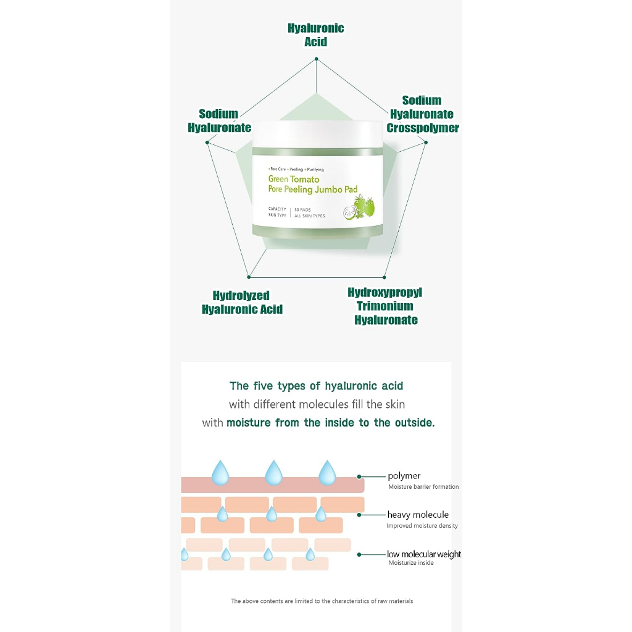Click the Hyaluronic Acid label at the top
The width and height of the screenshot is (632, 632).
pos(315,35)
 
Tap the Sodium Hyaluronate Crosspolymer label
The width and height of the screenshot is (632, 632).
pos(423,114)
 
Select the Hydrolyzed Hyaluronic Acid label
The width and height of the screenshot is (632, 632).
pos(242,302)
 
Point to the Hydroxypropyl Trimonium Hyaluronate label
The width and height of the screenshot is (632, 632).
pos(385,306)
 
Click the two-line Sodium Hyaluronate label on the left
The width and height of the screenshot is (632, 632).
pos(219,121)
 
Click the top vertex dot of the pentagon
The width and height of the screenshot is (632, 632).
pos(316,59)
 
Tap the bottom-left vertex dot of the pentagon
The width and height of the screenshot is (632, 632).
pos(249,276)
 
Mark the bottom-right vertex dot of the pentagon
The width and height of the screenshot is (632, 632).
pos(384,277)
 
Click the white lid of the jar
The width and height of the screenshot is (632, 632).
pos(318,133)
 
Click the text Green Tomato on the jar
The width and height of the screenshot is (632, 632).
pos(294,179)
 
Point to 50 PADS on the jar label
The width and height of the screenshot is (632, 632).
pos(302,209)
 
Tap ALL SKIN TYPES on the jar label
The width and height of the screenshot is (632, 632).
pos(309,215)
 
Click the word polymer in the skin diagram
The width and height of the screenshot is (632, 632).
pos(404,476)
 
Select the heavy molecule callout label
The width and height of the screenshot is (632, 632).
pos(418,515)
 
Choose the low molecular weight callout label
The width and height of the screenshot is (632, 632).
pos(423,554)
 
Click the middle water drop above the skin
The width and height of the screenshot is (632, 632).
pos(273,473)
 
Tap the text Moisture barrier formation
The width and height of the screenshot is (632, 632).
pos(423,487)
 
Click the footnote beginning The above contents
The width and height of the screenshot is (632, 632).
pos(322,601)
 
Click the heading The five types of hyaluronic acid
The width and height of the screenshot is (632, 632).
pos(316,386)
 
